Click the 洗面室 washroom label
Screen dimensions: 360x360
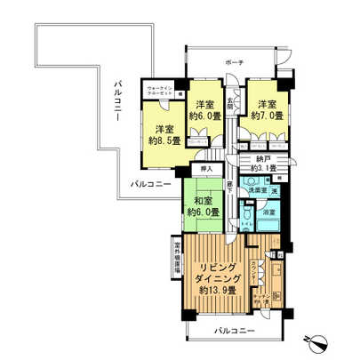[258, 190]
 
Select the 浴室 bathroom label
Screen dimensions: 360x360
[266, 213]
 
